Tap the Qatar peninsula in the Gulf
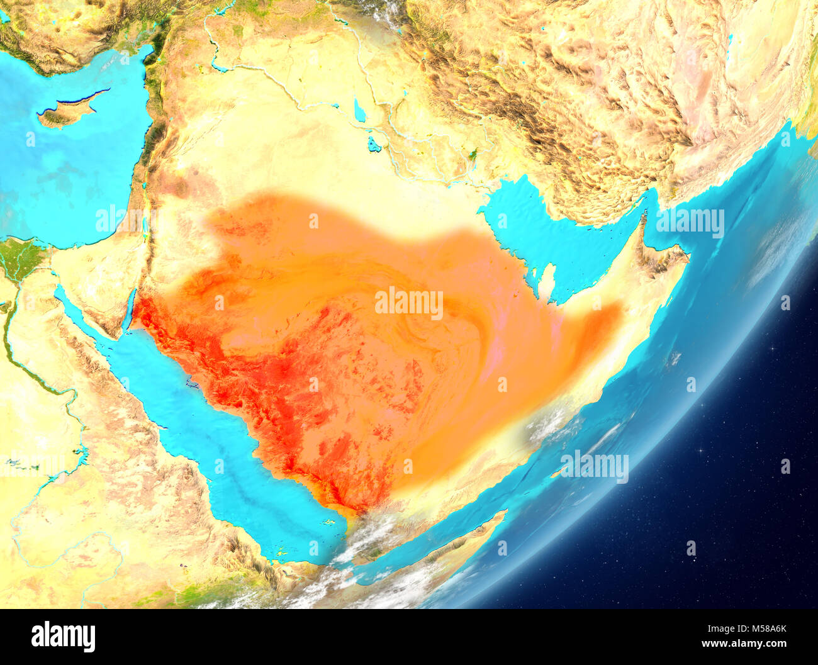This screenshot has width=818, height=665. [x=547, y=281]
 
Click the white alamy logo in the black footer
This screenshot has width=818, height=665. [x=63, y=637]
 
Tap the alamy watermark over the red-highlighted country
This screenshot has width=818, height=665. [x=409, y=303]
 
